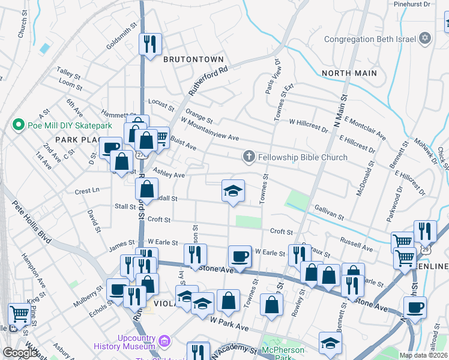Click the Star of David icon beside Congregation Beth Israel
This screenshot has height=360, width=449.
pos(425,40)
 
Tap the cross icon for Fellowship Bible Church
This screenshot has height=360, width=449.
pos(249,157)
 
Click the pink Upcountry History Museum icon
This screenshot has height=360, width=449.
pos(164,342)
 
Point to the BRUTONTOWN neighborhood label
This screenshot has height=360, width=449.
pos(193,59)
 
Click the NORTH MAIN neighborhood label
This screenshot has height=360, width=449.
pos(349,73)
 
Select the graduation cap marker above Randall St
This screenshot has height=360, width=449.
pos(233,191)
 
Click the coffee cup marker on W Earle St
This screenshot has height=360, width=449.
pos(240,256)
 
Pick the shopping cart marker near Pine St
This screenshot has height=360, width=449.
pos(19,313)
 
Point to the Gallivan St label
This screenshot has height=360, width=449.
pos(328,212)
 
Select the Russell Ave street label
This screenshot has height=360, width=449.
pos(356,244)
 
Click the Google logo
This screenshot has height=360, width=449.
pos(20,353)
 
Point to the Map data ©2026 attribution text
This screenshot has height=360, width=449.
pos(423,355)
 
